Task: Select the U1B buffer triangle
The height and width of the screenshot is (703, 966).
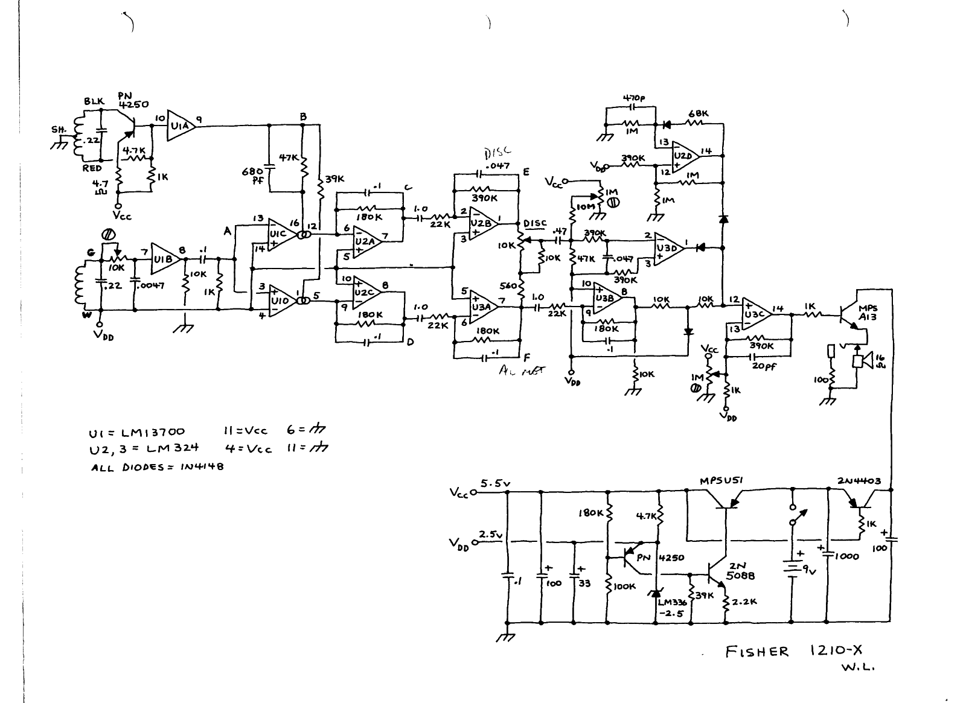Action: coord(164,259)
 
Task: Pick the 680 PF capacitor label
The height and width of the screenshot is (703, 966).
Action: coord(252,175)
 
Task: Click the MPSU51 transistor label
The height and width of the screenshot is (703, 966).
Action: coord(721,480)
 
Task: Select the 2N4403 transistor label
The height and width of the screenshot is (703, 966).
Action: coord(859,481)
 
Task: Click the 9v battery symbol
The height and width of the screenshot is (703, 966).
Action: coord(791,568)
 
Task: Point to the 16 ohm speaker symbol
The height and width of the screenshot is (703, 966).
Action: coord(862,361)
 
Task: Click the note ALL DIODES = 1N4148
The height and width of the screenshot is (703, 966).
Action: coord(157,467)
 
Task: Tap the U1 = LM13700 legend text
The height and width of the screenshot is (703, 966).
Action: coord(138,432)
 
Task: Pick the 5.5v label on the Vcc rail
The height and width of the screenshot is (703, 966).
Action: coord(496,483)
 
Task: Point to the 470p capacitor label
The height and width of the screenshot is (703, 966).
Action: coord(635,97)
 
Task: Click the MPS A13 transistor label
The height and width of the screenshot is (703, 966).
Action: coord(869,312)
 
